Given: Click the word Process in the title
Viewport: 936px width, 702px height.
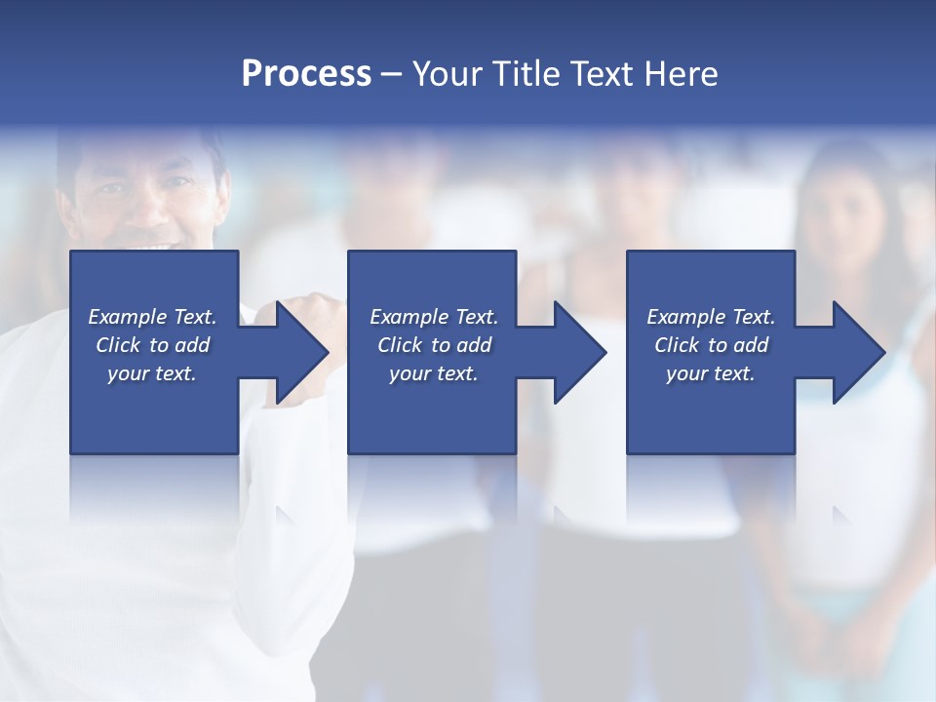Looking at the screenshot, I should coord(306,74).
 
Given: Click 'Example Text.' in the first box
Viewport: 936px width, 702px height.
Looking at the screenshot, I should coord(152,317).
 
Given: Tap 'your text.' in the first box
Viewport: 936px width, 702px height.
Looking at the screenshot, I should coord(152,373).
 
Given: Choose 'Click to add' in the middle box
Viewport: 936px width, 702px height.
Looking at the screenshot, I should coord(434,345).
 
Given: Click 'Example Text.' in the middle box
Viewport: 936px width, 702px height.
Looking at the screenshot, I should coord(434,317).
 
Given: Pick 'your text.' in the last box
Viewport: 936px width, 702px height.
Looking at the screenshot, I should coord(711,373).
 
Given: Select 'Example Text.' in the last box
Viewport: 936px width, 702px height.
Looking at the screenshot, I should coord(711,317).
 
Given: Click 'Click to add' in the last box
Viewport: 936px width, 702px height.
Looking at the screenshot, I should coord(711,345).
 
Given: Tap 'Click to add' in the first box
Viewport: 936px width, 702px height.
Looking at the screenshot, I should coord(152,345).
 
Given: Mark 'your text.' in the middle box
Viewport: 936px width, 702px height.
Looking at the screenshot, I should coord(434,373).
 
